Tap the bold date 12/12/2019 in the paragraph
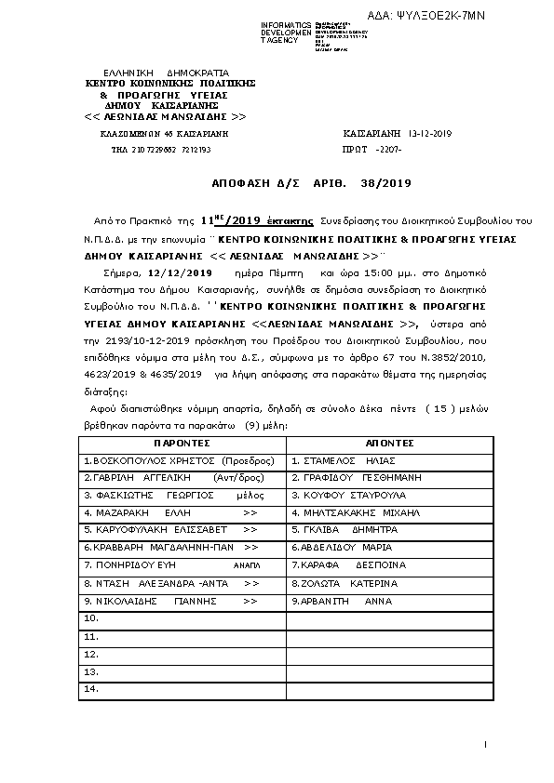point(177,273)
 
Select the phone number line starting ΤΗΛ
point(161,149)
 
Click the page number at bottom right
point(486,744)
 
